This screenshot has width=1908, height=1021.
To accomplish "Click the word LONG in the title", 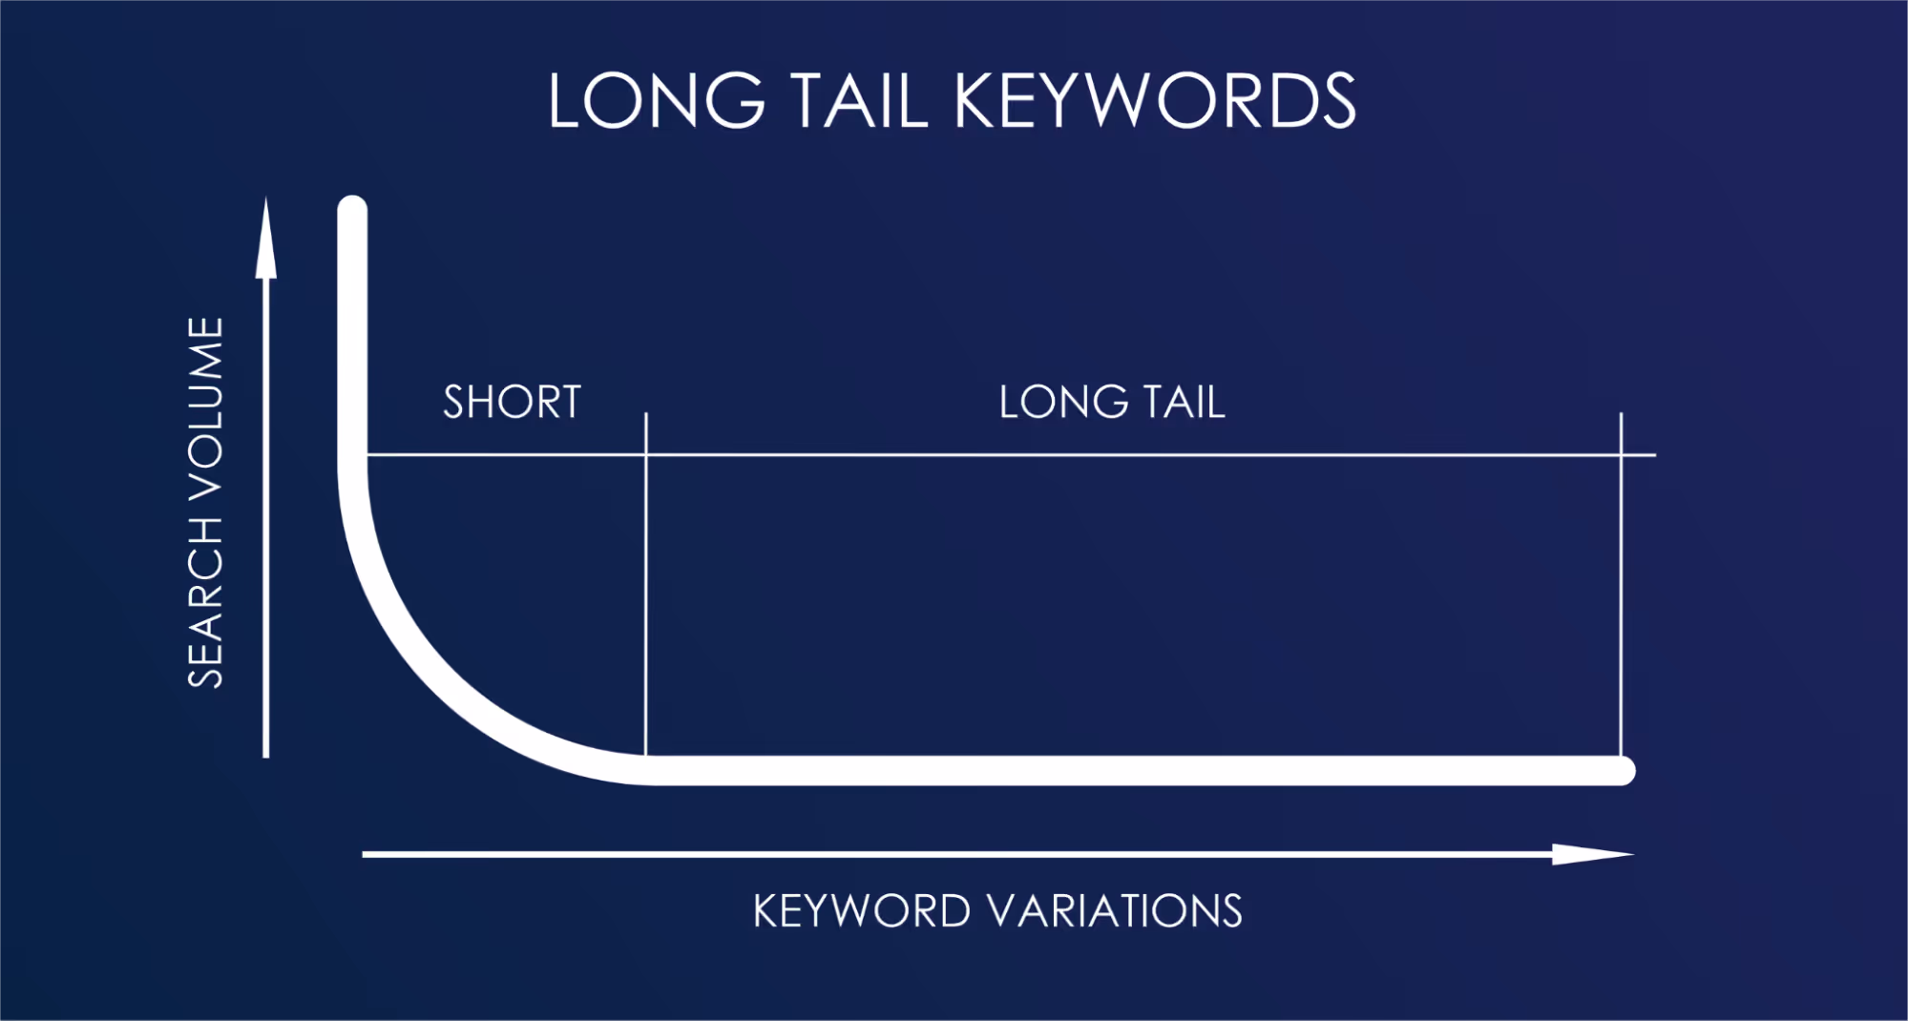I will pyautogui.click(x=657, y=101).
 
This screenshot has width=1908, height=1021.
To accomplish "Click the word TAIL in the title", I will pyautogui.click(x=859, y=101).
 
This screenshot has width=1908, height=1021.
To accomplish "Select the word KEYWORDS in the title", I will pyautogui.click(x=1155, y=101).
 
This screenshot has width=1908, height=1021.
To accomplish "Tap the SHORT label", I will pyautogui.click(x=513, y=402).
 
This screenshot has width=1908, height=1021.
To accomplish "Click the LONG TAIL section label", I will pyautogui.click(x=1112, y=402).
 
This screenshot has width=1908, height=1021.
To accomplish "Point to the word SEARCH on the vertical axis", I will pyautogui.click(x=205, y=603).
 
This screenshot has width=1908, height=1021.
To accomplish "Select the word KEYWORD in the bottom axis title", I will pyautogui.click(x=862, y=911).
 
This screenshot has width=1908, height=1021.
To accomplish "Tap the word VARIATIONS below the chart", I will pyautogui.click(x=1116, y=911).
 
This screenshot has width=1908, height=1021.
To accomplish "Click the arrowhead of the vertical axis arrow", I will pyautogui.click(x=266, y=239).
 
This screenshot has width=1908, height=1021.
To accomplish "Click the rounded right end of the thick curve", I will pyautogui.click(x=1622, y=770).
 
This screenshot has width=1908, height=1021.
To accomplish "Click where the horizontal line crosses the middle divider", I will pyautogui.click(x=646, y=455).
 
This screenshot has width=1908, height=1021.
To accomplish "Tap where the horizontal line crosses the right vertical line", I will pyautogui.click(x=1621, y=455).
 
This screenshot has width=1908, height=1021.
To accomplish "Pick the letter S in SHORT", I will pyautogui.click(x=454, y=402).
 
